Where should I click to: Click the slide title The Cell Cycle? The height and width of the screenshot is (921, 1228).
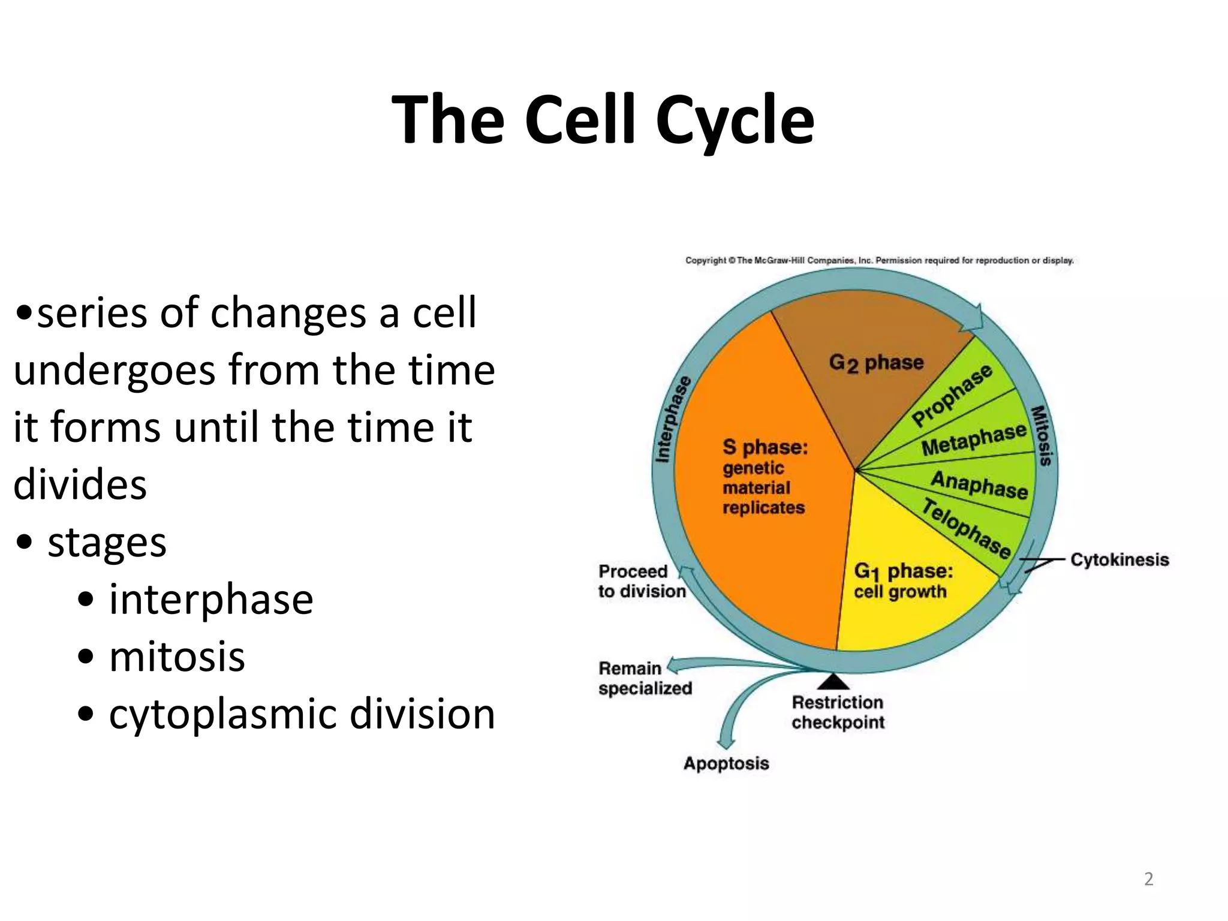603,120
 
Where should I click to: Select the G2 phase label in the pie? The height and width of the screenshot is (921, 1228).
876,363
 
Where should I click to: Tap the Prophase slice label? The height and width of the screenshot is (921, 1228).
952,396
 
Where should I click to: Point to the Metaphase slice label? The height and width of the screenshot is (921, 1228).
974,440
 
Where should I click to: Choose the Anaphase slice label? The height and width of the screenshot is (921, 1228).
979,484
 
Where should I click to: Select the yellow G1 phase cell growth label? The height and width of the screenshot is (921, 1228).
902,580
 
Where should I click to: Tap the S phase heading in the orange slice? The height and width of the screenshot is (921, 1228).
765,447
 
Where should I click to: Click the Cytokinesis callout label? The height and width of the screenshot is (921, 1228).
1119,559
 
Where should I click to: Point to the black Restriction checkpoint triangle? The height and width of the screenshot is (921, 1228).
833,682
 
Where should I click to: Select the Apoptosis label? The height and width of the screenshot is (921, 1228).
726,763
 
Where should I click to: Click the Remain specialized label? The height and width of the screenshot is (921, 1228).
645,678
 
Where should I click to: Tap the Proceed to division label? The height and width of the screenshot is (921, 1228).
641,581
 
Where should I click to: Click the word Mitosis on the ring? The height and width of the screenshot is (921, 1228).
1042,436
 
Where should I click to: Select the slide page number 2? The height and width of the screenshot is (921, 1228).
1148,879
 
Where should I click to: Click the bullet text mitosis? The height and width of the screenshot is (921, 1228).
177,657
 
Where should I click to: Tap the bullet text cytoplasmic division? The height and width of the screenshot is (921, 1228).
302,714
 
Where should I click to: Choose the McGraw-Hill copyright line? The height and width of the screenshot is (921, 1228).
879,260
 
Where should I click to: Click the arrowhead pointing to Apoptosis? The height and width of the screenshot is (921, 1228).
726,744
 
